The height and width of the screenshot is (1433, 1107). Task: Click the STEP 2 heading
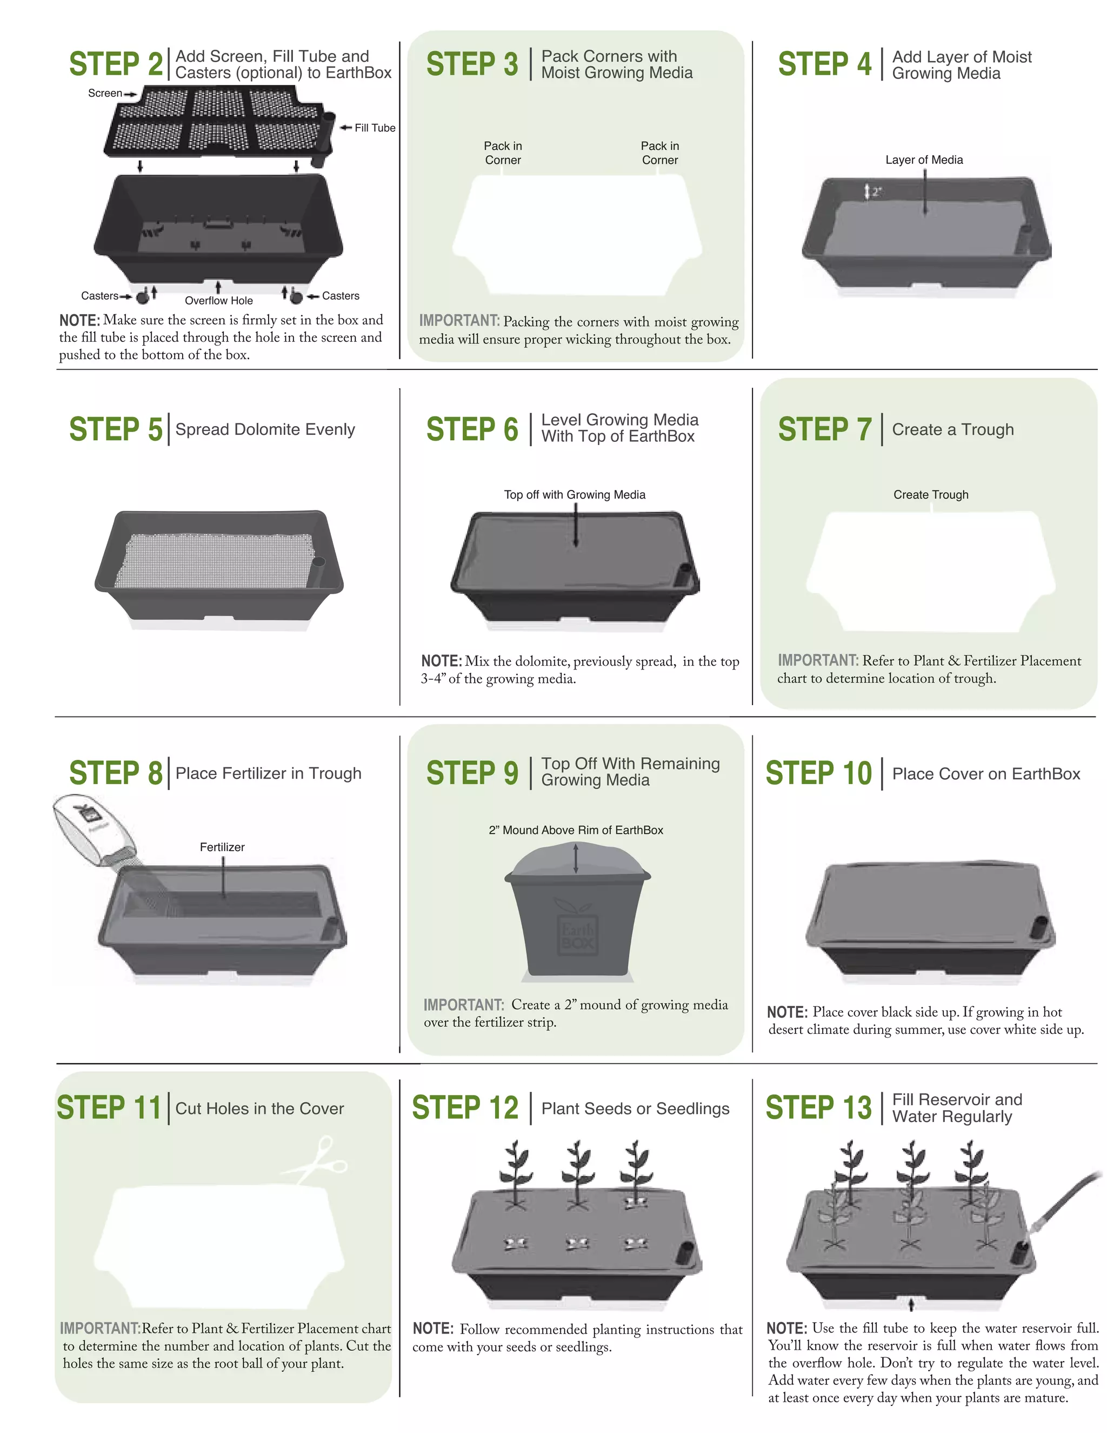(116, 64)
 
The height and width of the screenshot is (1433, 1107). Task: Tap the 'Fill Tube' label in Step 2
(375, 128)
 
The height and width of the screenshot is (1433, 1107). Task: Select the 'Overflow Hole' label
(218, 301)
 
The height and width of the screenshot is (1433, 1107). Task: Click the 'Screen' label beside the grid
(105, 93)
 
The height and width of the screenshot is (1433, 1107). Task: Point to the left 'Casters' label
(99, 296)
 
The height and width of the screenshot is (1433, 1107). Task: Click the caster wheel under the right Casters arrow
(296, 297)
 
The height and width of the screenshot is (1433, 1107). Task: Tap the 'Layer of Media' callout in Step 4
(923, 160)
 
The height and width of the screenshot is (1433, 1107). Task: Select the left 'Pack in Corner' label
(503, 153)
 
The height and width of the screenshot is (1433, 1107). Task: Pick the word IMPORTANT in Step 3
(459, 321)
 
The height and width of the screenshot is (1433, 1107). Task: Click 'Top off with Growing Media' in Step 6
(574, 495)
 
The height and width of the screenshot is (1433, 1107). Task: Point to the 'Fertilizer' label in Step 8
(222, 847)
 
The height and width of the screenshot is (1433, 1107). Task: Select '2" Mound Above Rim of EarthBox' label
(575, 830)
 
